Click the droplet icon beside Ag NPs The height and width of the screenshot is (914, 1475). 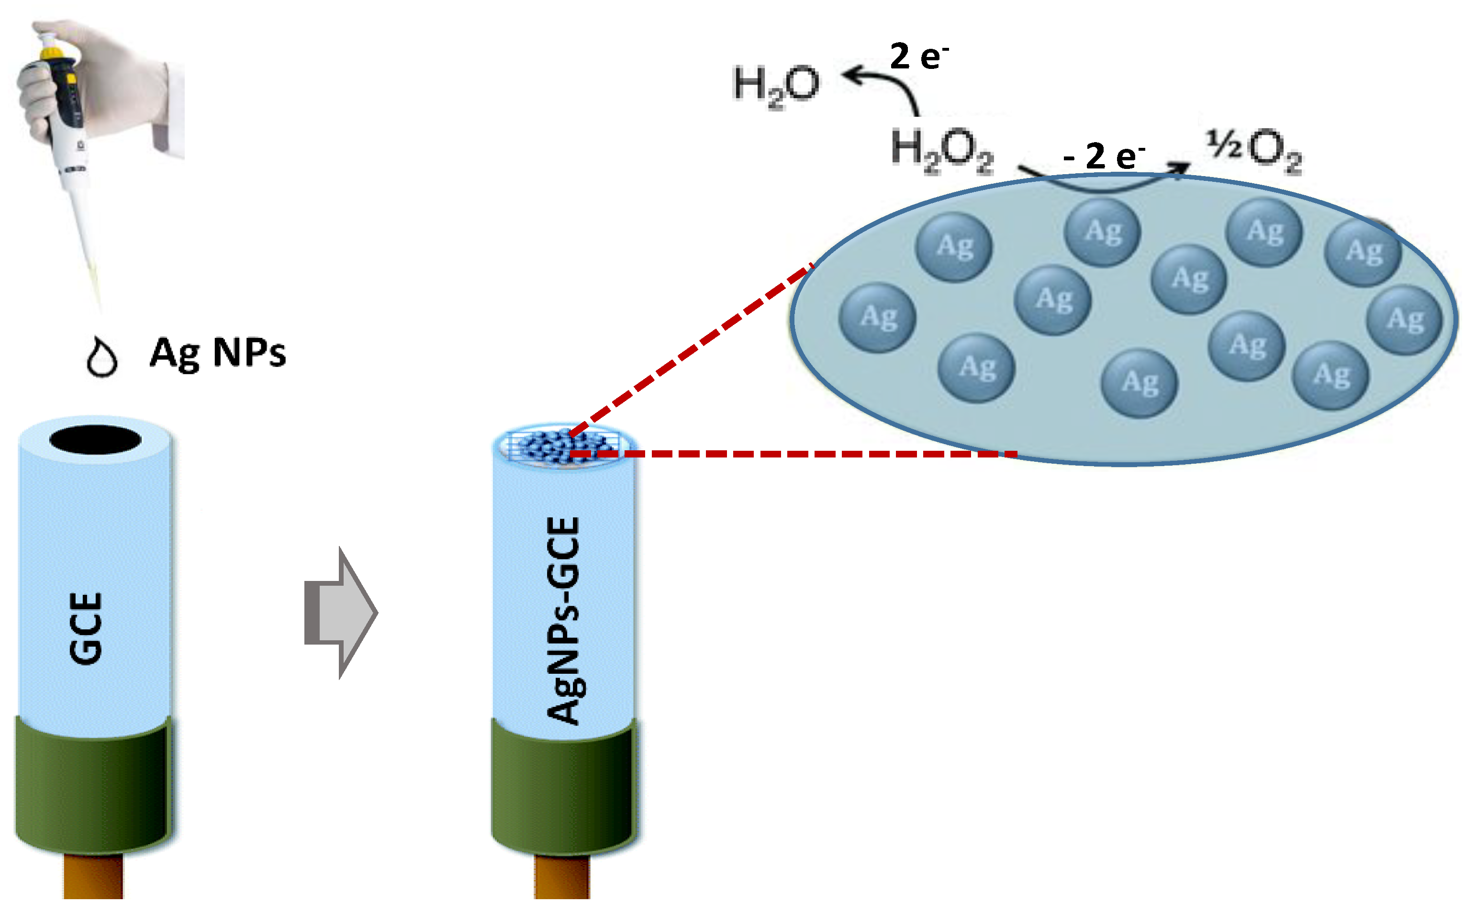tap(101, 358)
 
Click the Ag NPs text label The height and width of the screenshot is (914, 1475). tap(218, 353)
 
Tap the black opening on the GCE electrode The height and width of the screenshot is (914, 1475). tap(96, 439)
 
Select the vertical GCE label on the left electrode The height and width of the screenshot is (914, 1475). tap(86, 629)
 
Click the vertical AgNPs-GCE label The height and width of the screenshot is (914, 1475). tap(563, 620)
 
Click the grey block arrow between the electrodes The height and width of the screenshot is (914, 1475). tap(342, 613)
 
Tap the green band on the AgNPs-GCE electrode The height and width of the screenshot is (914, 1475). tap(563, 786)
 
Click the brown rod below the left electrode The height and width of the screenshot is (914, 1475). tap(93, 877)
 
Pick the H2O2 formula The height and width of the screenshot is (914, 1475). tap(942, 150)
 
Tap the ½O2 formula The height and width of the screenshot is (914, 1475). tap(1254, 150)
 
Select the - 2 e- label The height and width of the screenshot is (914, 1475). tap(1104, 156)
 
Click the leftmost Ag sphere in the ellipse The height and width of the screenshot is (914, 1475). tap(877, 318)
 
